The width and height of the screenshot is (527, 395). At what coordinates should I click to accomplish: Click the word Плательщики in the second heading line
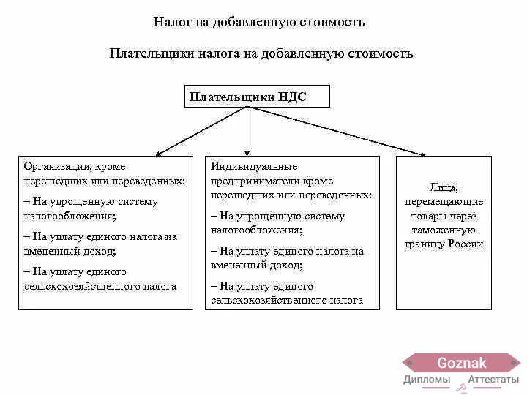coord(152,53)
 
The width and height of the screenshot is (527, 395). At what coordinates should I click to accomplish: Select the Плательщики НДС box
coord(257,97)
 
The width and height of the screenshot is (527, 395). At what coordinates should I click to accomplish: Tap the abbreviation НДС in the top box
coord(292,97)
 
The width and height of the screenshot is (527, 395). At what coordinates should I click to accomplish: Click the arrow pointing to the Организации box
coord(201,132)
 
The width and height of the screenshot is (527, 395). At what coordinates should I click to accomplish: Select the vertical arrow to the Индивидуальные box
coord(247,132)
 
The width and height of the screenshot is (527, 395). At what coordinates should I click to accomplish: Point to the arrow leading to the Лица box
coord(337,132)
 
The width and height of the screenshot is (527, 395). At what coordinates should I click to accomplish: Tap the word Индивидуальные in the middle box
coord(254,166)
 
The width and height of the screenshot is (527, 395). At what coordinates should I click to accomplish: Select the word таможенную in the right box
coord(444,230)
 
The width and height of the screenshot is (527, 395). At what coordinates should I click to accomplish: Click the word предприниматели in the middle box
coord(255,181)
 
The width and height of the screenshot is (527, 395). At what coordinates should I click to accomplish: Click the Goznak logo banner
coord(461,363)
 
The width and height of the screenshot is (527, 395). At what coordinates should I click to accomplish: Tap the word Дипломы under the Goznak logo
coord(427,380)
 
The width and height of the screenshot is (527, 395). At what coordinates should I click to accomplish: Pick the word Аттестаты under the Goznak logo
coord(493,380)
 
